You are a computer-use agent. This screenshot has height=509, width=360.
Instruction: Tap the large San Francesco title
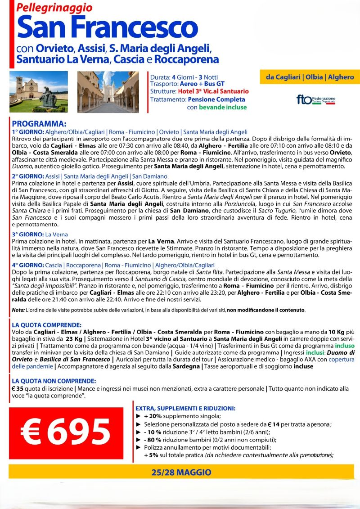point(107,27)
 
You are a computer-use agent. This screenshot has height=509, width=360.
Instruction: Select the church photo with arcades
point(110,91)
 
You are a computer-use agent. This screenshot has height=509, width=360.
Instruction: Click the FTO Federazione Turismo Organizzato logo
point(316,99)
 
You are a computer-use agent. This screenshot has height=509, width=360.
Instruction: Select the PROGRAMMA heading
point(39,124)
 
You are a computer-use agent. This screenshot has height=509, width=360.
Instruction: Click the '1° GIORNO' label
point(28,132)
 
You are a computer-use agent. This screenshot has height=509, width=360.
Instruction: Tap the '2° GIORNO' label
point(28,176)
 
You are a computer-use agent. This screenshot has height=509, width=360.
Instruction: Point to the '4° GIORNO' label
point(28,265)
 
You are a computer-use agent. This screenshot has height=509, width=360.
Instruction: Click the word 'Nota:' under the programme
point(19,310)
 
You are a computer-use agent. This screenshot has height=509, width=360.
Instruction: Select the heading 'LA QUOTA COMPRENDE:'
point(47,324)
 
